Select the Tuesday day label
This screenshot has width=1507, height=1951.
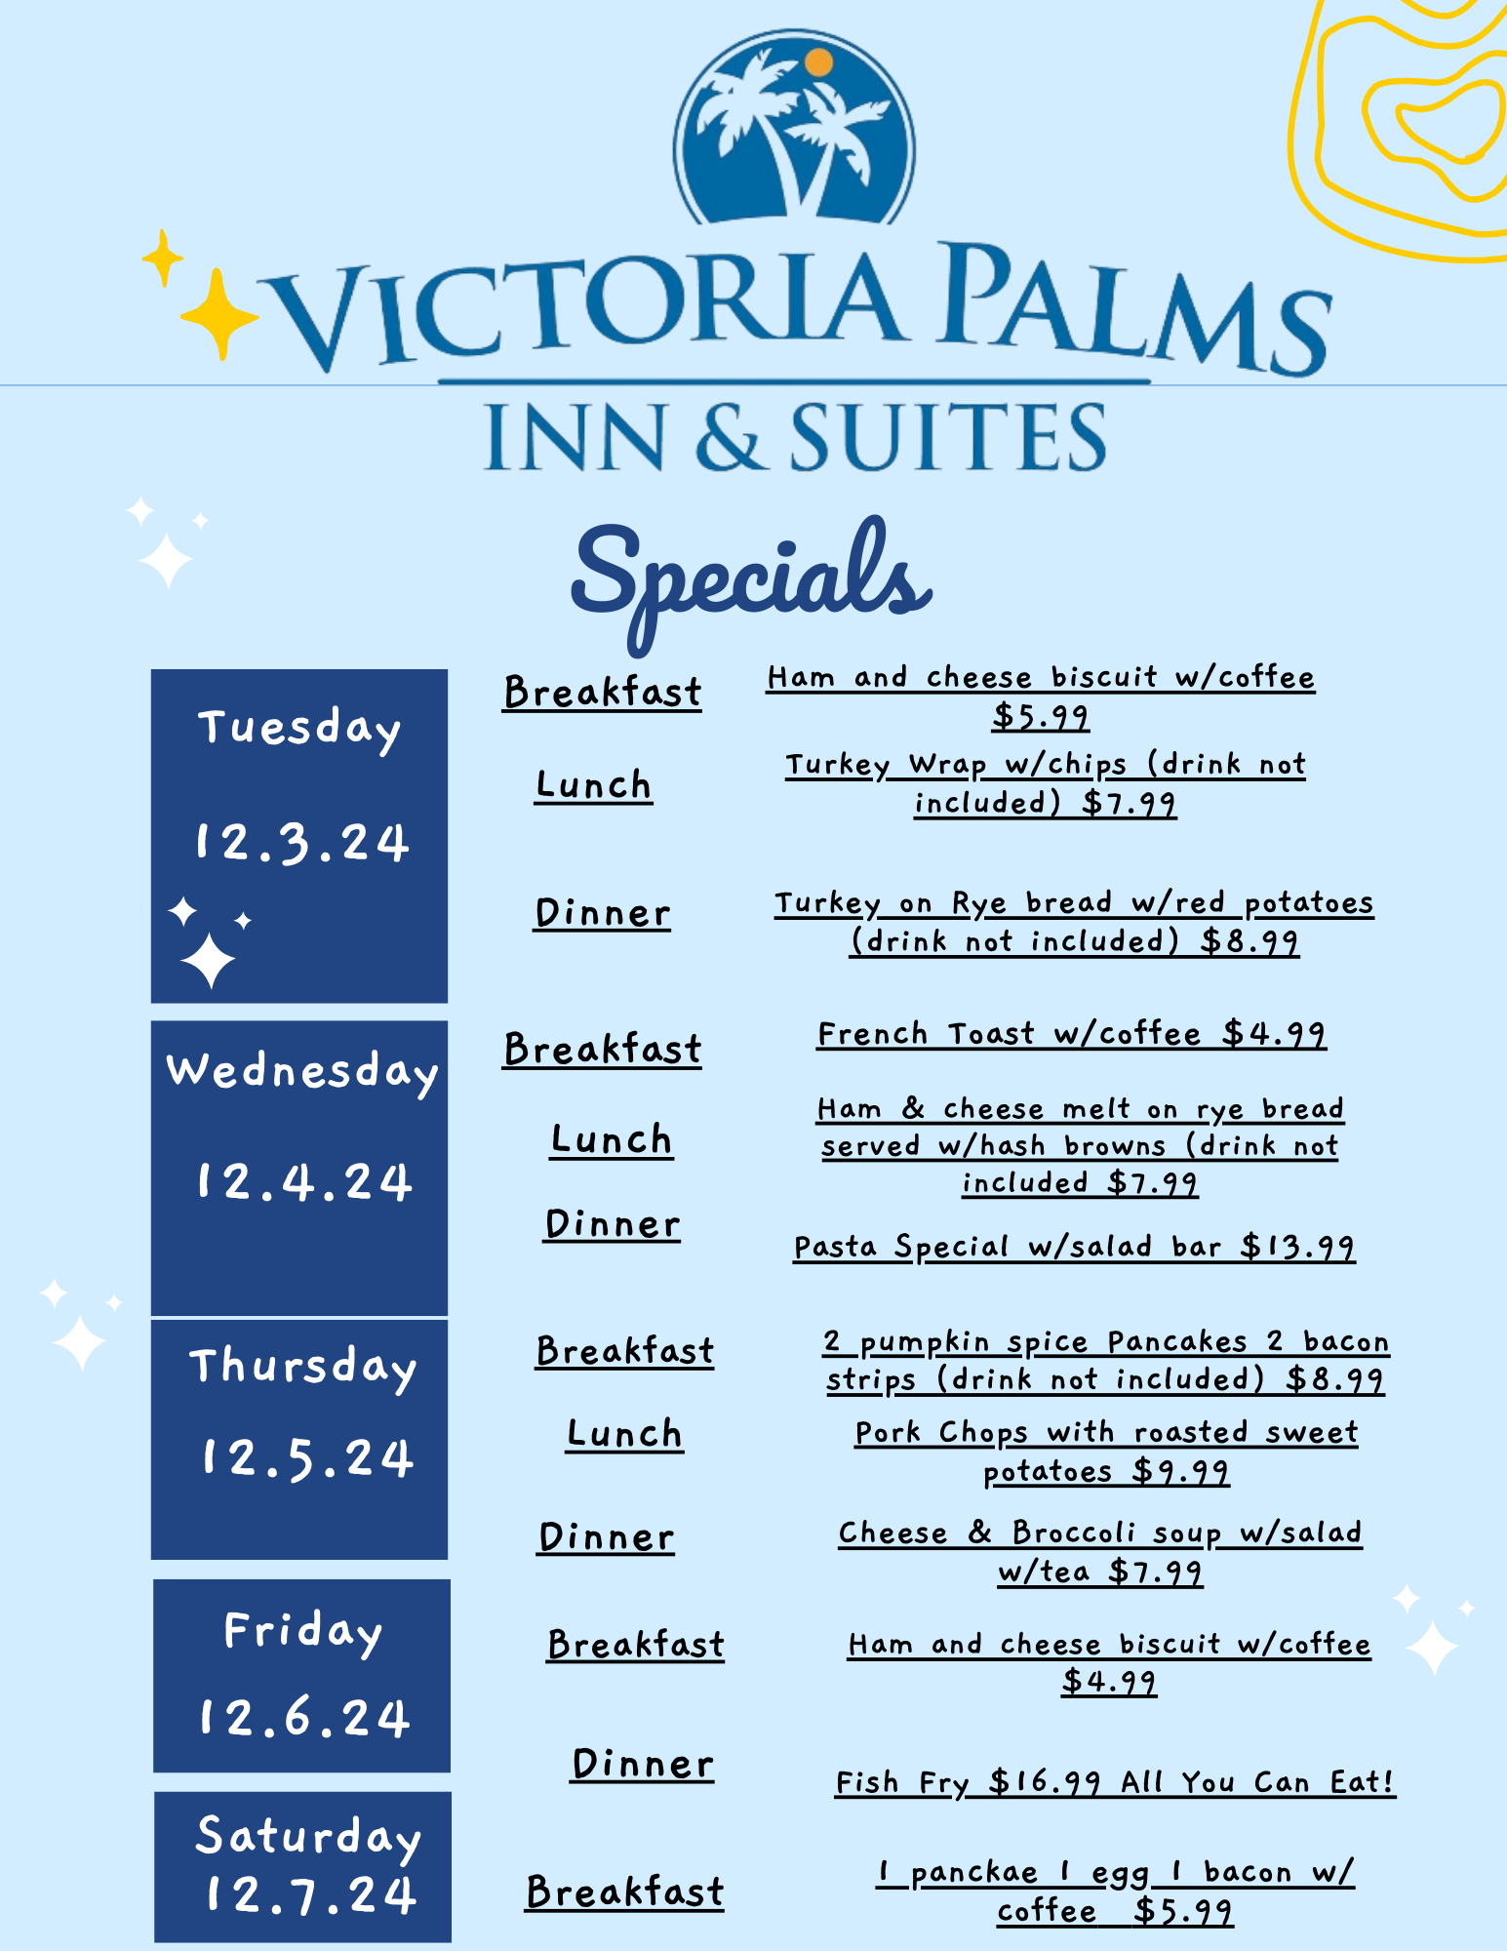point(299,730)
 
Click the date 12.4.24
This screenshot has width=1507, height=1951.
point(303,1182)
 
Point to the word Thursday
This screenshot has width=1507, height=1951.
point(302,1368)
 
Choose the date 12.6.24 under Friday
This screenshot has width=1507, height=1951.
point(303,1718)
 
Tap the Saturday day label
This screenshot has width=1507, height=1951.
point(308,1839)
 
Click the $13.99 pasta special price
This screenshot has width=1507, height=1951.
point(1297,1247)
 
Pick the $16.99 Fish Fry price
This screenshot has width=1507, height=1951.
point(1045,1782)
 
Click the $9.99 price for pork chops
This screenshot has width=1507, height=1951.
point(1180,1471)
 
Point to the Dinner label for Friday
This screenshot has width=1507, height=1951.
point(642,1765)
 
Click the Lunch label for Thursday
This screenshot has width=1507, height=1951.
point(624,1434)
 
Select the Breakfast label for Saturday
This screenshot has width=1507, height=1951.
point(624,1892)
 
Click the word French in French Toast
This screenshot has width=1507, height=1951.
point(872,1034)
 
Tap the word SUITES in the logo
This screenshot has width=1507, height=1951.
point(948,437)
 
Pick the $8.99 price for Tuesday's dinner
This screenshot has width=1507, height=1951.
point(1249,941)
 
